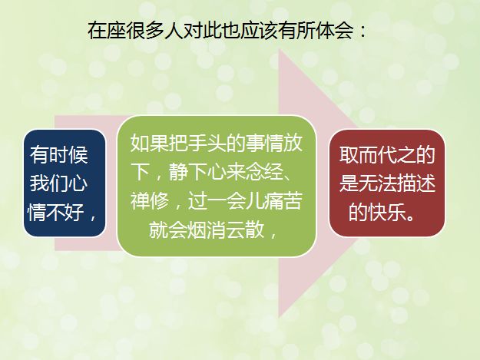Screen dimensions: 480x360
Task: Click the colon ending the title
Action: pos(362,31)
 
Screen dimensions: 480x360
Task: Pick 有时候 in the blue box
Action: pos(59,154)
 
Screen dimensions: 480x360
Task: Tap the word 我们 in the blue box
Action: pos(49,183)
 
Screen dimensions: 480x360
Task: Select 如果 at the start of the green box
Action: pos(150,143)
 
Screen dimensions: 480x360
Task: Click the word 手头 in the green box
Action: pos(207,143)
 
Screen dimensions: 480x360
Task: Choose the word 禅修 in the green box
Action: pos(150,200)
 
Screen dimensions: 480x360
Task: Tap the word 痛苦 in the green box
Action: pos(283,200)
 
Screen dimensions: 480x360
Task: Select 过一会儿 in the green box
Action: pos(226,200)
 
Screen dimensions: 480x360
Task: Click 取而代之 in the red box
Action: pos(377,154)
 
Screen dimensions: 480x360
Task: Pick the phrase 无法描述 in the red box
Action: pos(397,183)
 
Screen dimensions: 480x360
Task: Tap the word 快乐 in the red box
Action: pos(387,212)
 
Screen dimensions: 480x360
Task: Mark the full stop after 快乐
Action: pos(411,217)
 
